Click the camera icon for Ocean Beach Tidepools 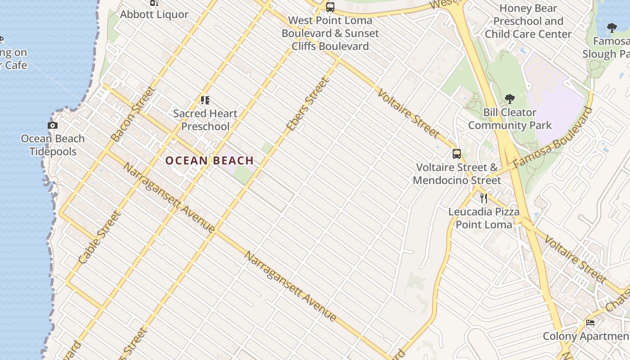(53, 126)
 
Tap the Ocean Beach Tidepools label (53, 145)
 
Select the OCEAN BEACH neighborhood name (209, 161)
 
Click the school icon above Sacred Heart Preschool (205, 100)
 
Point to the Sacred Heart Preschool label (205, 120)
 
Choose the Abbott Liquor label (154, 14)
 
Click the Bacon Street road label (133, 114)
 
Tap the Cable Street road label (100, 237)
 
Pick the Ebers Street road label (308, 104)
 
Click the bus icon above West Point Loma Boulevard (330, 7)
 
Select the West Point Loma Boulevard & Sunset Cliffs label (330, 33)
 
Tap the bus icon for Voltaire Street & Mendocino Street (457, 154)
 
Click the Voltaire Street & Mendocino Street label (457, 174)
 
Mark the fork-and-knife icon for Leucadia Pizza (484, 198)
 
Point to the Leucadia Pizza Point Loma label (484, 218)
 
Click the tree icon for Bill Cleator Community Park (510, 99)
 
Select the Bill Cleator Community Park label (510, 119)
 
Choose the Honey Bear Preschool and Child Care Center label (528, 21)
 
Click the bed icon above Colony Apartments (590, 323)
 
